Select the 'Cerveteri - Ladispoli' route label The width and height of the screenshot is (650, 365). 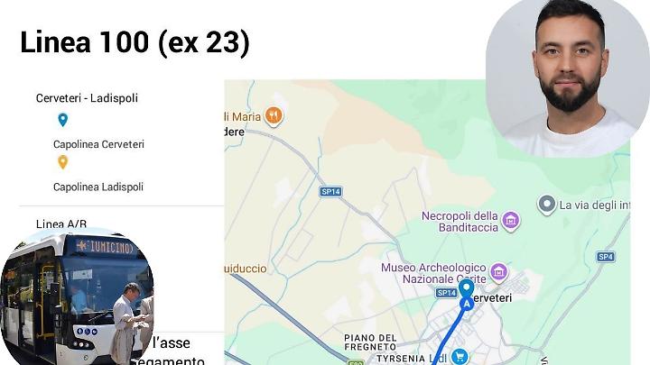(x=87, y=98)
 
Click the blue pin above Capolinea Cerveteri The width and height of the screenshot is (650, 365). (x=62, y=119)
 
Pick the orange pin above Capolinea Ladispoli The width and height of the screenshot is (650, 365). (x=62, y=162)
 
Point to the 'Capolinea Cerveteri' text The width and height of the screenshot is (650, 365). (x=98, y=144)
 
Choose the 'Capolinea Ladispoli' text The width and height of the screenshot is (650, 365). (x=97, y=187)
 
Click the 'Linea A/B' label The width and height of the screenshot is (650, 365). (x=61, y=224)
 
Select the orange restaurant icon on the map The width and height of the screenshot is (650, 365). (x=274, y=115)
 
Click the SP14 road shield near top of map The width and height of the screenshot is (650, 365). (x=331, y=191)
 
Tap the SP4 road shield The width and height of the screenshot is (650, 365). (x=605, y=257)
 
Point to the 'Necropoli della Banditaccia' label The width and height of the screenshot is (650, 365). (x=460, y=221)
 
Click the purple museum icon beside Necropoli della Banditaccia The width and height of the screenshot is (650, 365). (x=511, y=221)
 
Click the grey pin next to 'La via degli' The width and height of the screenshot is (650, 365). (x=546, y=205)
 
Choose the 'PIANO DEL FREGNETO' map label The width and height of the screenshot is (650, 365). (x=370, y=342)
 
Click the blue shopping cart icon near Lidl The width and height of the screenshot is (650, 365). (x=460, y=357)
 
